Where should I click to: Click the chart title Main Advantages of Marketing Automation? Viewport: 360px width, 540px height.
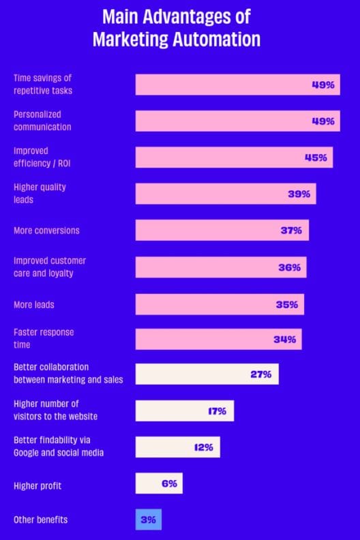177,28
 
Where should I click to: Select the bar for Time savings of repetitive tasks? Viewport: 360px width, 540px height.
237,85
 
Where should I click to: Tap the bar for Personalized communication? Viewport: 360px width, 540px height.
237,121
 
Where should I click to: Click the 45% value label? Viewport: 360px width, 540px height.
316,157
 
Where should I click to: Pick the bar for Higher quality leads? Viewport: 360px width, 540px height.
225,194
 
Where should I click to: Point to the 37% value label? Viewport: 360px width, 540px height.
291,230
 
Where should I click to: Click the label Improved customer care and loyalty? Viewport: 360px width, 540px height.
50,267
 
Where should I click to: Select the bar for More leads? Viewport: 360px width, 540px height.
220,304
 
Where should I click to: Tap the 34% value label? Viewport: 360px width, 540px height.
284,340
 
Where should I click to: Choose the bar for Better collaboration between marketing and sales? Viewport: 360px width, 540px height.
207,374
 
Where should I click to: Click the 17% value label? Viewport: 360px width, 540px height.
217,411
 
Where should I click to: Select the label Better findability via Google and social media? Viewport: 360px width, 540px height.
59,447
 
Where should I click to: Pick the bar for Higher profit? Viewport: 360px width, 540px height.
158,483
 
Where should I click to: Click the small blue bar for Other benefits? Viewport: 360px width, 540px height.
148,520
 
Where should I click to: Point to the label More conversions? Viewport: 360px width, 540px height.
46,230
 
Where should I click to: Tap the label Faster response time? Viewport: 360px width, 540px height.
44,338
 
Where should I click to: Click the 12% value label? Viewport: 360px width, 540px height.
203,447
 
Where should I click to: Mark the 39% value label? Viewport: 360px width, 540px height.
299,194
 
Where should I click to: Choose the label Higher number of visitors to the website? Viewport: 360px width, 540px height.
55,410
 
